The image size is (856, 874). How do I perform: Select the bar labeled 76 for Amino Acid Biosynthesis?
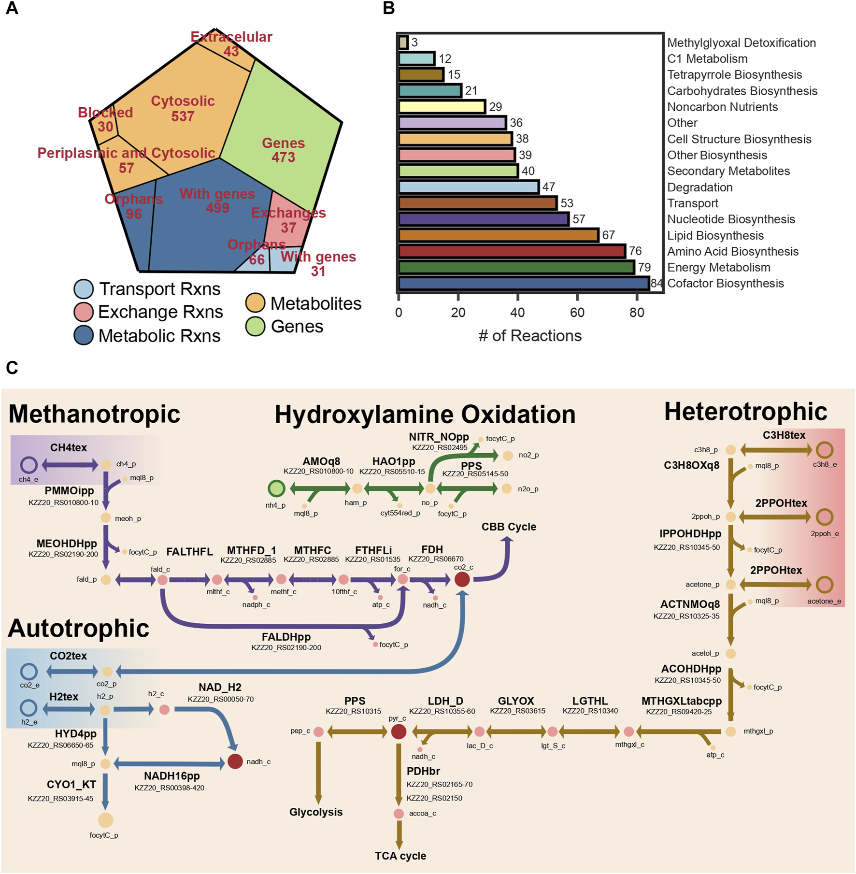coord(512,251)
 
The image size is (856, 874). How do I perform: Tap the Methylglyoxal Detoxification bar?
coord(403,43)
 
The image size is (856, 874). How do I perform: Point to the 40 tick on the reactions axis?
coord(517,312)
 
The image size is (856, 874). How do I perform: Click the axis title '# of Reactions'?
coord(530,335)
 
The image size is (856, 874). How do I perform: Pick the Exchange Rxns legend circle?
coord(83,312)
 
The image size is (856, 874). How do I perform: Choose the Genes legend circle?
coord(255,327)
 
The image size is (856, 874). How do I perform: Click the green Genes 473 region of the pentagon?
coord(284,150)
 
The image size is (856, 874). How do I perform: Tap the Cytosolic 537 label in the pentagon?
coord(183,108)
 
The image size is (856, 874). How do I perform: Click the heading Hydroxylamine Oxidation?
coord(425,415)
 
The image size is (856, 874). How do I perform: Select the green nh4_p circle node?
coord(276,488)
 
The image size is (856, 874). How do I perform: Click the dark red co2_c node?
coord(462,579)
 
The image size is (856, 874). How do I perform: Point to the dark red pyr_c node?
coord(398,731)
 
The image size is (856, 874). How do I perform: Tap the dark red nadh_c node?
coord(235,761)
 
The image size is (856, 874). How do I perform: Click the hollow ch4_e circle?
coord(29,465)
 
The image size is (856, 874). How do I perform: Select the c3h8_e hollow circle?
coord(824,450)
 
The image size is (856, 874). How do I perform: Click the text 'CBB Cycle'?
coord(509,527)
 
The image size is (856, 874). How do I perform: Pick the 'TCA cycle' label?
coord(400,856)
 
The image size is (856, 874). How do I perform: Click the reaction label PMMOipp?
coord(69,491)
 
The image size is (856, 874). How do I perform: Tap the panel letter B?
coord(388,8)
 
